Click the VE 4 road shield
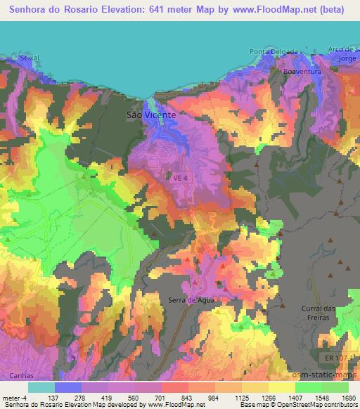pos(181,178)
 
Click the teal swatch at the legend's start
pos(41,387)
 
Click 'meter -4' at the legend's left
pos(14,397)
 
